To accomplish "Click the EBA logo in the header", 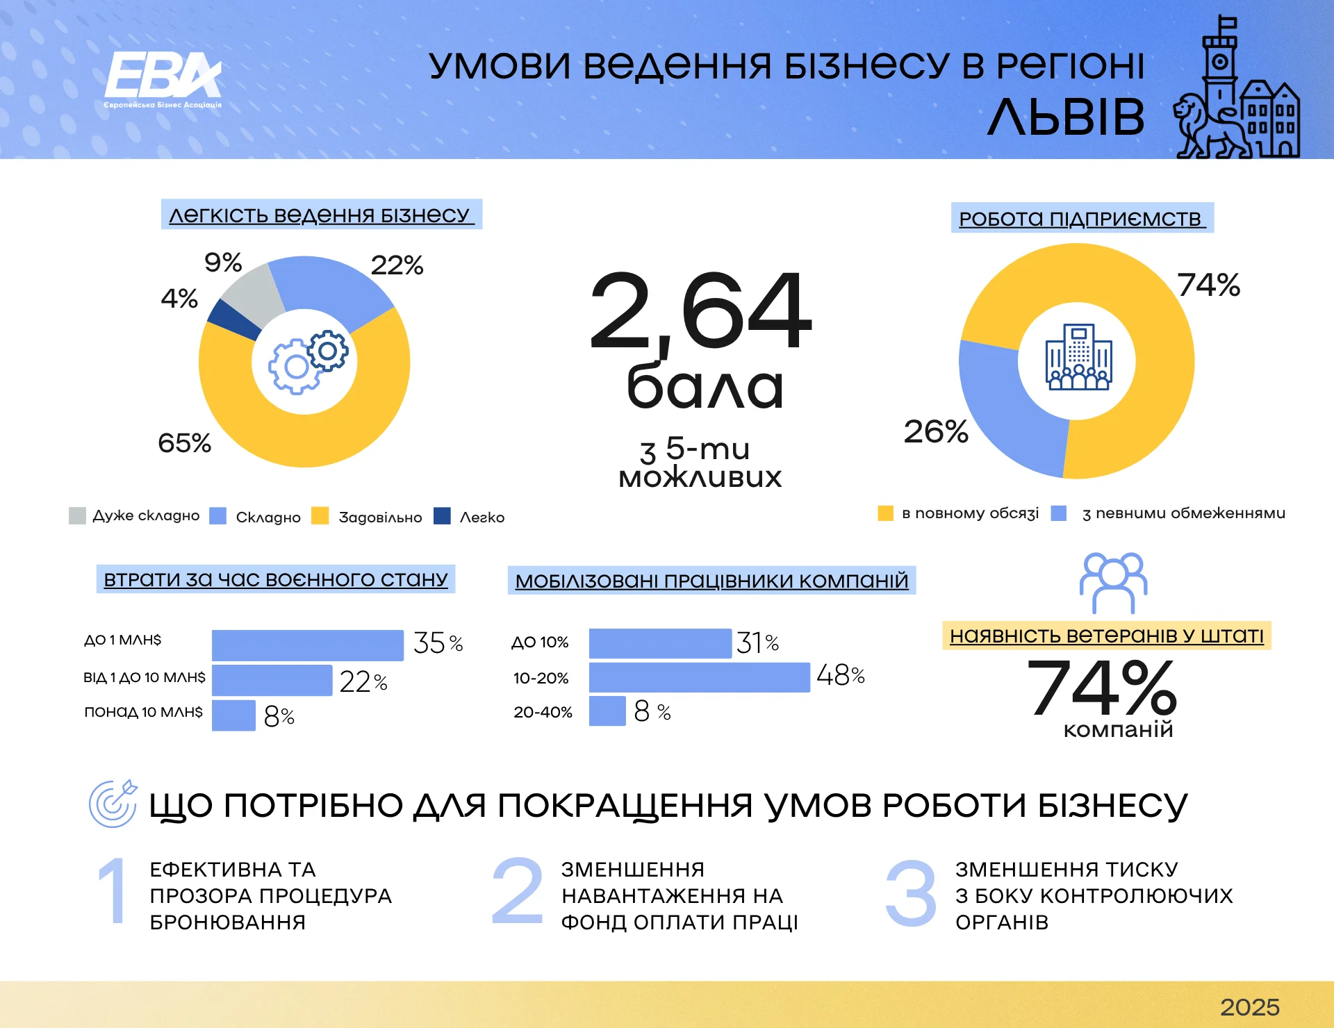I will click(x=163, y=78).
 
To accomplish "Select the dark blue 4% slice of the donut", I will click(x=232, y=320).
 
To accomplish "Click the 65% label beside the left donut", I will click(x=184, y=443).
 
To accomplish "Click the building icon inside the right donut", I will click(x=1078, y=357).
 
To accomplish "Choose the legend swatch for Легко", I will click(x=442, y=516).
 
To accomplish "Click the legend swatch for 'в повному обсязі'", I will click(x=885, y=513).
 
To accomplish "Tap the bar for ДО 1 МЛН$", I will click(x=307, y=645).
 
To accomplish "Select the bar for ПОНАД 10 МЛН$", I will click(x=233, y=715).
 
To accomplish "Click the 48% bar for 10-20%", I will click(x=699, y=677).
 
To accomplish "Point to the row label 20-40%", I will click(x=543, y=712).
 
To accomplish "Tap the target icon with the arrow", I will click(x=113, y=804).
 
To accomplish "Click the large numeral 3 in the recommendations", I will click(x=910, y=893).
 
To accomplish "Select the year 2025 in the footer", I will click(x=1249, y=1007).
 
